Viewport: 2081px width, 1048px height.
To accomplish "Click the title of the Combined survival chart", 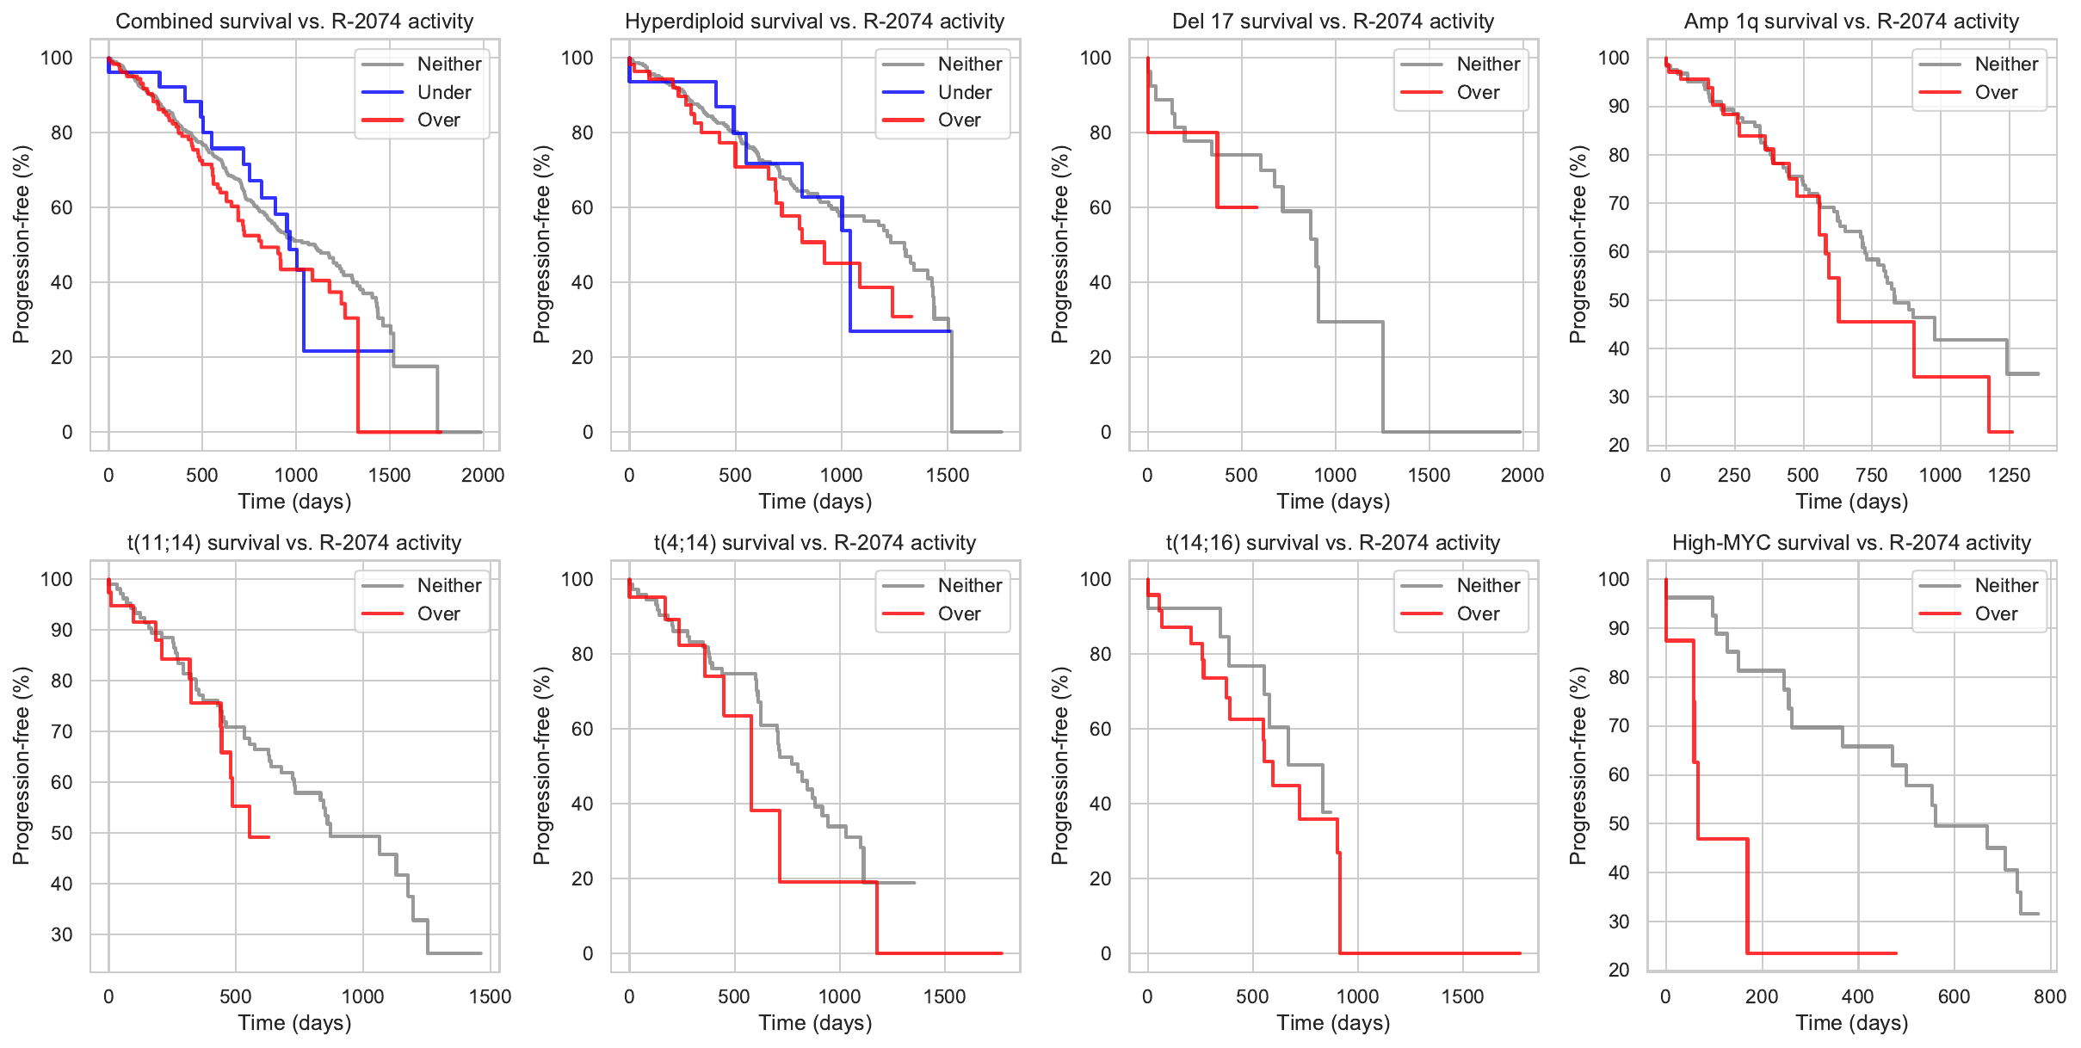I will [x=294, y=22].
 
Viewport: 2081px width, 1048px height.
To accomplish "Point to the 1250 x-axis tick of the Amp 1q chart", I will [x=2009, y=475].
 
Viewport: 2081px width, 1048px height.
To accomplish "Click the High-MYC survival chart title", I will [x=1851, y=543].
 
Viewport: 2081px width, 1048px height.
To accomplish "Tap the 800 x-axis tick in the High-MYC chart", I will [x=2050, y=996].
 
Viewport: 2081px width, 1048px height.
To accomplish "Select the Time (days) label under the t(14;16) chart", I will [x=1333, y=1022].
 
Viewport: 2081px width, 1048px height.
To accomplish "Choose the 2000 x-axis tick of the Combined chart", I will [x=483, y=475].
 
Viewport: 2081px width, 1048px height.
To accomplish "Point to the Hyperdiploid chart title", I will [x=814, y=22].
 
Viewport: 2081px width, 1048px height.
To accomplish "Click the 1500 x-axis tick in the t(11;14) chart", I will [x=490, y=996].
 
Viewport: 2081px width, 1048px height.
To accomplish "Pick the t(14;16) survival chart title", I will [x=1332, y=543].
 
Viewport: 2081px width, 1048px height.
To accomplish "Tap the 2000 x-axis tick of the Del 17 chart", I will [x=1522, y=475].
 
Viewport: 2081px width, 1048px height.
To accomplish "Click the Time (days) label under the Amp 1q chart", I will [x=1851, y=501].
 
